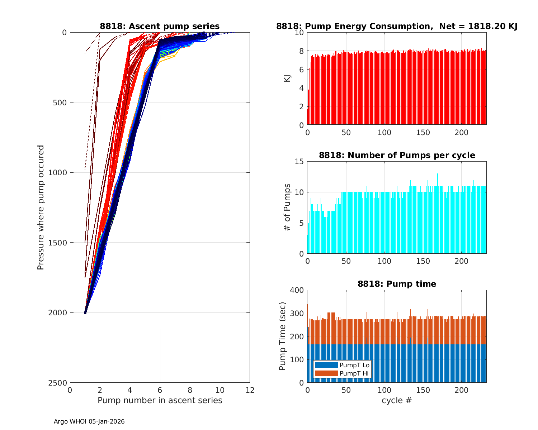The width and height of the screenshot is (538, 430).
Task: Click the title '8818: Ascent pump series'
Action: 160,26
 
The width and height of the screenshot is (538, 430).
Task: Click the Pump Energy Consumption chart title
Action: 397,26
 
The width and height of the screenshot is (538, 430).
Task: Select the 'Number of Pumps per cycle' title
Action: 397,155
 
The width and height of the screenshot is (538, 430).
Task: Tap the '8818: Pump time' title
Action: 397,284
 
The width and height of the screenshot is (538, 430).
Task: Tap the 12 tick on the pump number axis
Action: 250,390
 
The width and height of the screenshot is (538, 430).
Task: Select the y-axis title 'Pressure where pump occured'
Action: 41,207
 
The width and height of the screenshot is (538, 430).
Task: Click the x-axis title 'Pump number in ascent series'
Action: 160,400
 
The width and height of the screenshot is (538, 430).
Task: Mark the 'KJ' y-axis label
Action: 287,78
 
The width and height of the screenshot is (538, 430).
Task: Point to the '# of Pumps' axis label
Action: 287,207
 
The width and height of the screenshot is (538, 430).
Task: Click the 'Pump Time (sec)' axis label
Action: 283,336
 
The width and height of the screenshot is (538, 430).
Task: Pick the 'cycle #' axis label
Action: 397,400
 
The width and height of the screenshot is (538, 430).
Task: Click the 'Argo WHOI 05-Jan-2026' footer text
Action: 89,421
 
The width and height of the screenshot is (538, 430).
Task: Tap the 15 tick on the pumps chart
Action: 299,162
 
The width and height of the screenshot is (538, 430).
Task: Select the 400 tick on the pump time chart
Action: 297,290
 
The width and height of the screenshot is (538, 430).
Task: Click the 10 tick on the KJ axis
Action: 299,33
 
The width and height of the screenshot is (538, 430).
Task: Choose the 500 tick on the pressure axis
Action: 61,102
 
